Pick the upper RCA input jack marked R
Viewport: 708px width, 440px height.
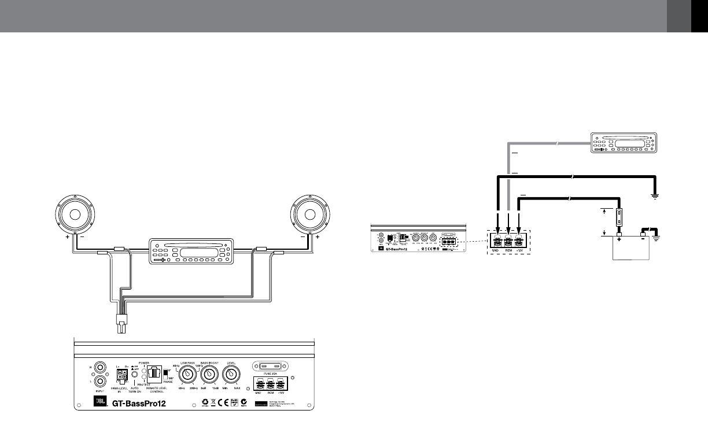point(102,367)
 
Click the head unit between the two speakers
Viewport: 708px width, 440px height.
point(191,252)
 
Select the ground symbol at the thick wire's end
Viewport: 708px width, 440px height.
point(656,196)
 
